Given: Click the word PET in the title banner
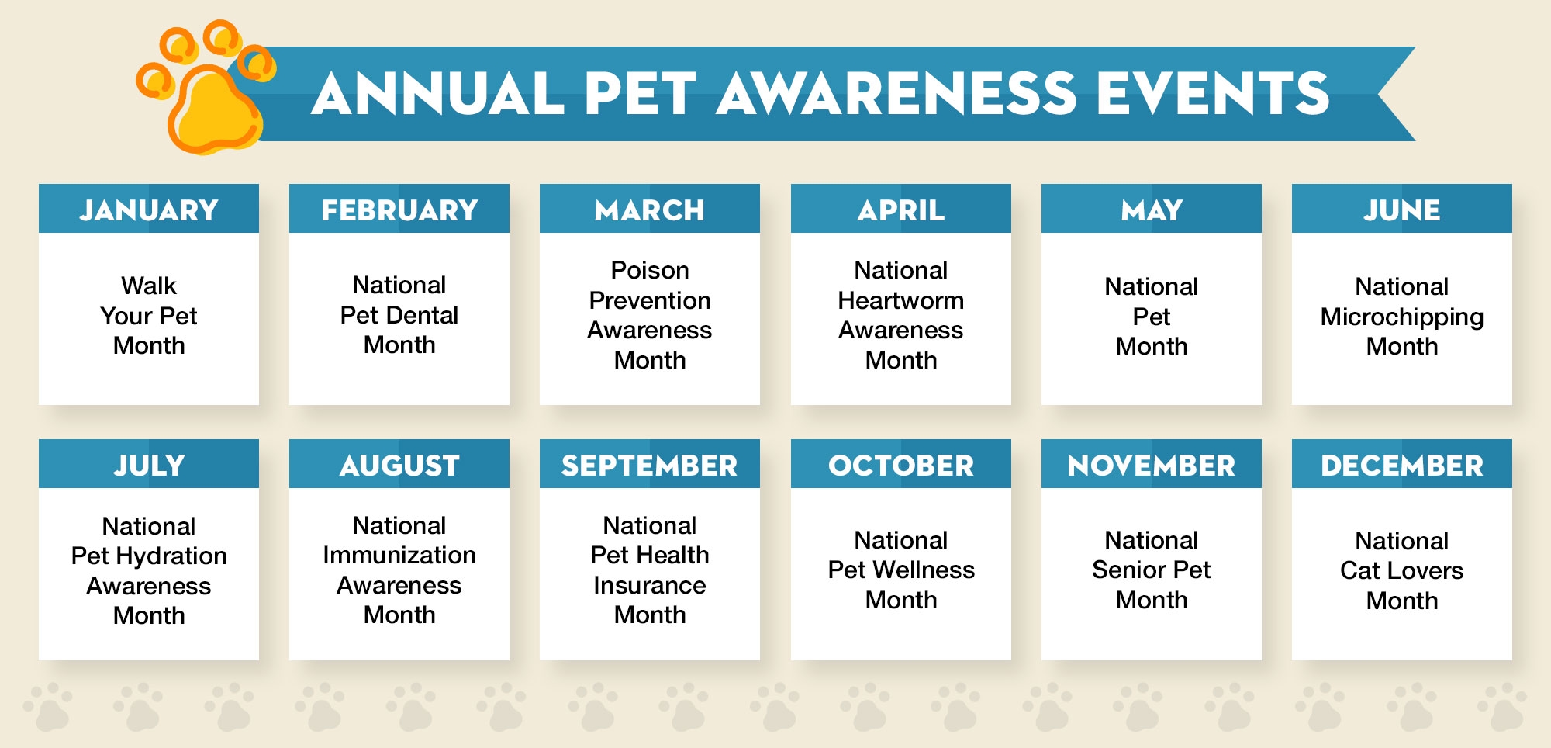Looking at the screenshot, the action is tap(641, 94).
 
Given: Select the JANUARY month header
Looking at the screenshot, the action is tap(149, 210).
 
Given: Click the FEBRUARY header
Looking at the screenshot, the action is tap(399, 210).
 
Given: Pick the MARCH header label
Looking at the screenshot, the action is tap(650, 210).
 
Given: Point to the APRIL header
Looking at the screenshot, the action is tap(901, 210).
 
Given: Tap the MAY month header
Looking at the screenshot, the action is tap(1152, 210).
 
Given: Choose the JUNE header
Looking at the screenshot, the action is tap(1402, 210).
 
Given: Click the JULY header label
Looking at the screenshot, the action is tap(149, 466).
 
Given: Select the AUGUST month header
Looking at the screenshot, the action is tap(399, 466).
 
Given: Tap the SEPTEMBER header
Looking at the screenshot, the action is tap(650, 466).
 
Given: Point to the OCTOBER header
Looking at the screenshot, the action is tap(901, 466).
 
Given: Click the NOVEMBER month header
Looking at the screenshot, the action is tap(1152, 466).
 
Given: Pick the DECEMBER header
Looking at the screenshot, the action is tap(1402, 466).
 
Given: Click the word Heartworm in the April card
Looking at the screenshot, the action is tap(901, 300).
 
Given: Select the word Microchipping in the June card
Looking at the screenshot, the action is tap(1402, 317).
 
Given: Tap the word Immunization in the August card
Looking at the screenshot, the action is tap(399, 555).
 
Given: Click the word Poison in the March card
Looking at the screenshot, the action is tap(650, 270).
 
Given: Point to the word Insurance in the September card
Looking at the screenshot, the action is tap(650, 585).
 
